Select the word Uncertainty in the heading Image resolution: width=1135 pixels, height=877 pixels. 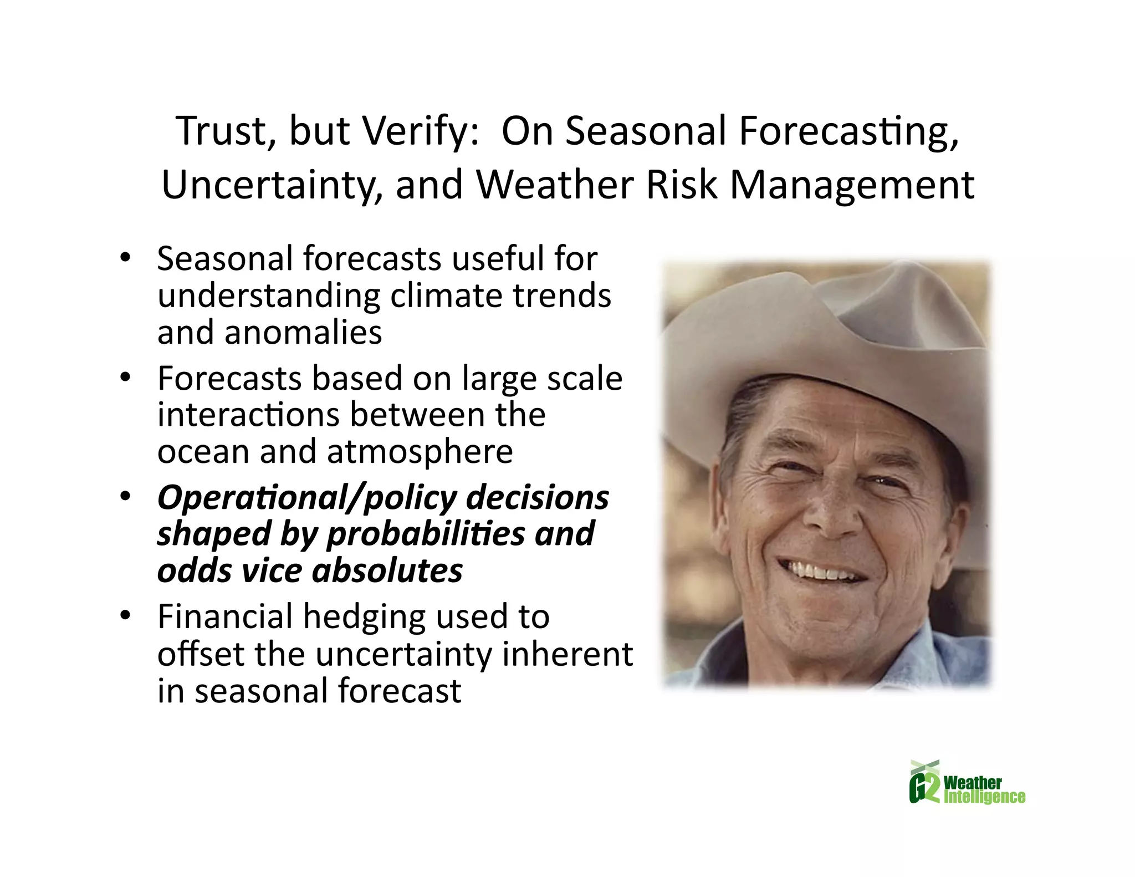(272, 185)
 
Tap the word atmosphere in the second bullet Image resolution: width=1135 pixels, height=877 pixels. (420, 451)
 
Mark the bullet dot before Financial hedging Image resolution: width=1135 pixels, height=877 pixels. (126, 615)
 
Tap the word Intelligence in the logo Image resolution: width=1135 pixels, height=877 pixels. (984, 797)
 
